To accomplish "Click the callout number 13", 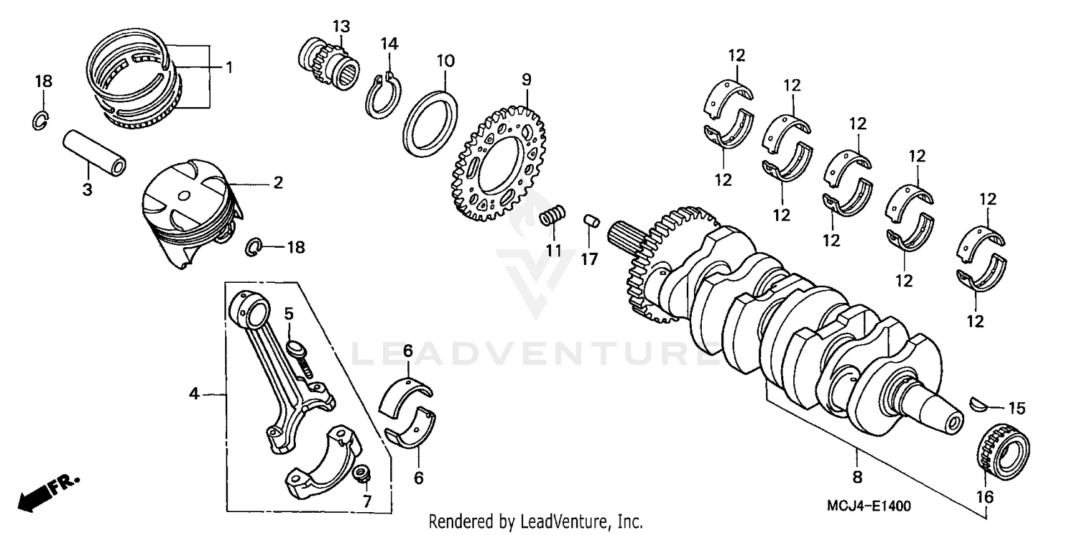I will [341, 27].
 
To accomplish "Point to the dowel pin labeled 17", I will [590, 220].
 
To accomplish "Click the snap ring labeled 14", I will [384, 98].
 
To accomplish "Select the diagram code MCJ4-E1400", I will [869, 506].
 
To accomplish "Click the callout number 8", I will [858, 476].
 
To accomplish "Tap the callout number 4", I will [193, 394].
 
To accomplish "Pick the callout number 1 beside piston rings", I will [229, 68].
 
